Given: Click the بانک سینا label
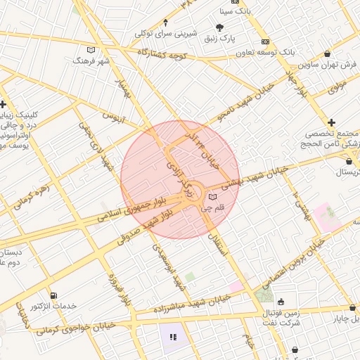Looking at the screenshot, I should coord(233,11).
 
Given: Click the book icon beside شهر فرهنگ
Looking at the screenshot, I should coord(89,50).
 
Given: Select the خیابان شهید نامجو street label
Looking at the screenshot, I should coord(247,106).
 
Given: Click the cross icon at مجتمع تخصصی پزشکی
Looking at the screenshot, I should coord(331,122).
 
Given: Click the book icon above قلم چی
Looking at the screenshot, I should coord(213,196).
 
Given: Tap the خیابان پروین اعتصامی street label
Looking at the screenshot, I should coord(291,262).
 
